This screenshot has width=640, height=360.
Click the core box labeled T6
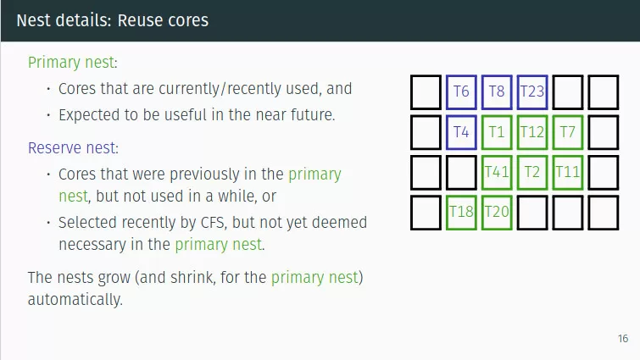pyautogui.click(x=461, y=91)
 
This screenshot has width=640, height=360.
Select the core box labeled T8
pyautogui.click(x=497, y=91)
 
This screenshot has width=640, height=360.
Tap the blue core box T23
pyautogui.click(x=532, y=91)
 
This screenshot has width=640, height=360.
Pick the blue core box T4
pyautogui.click(x=461, y=132)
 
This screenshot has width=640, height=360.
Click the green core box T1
pyautogui.click(x=497, y=132)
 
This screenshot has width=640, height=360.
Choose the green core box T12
pyautogui.click(x=532, y=132)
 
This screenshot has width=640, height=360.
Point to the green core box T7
pyautogui.click(x=568, y=132)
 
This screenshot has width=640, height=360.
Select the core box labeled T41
pyautogui.click(x=497, y=172)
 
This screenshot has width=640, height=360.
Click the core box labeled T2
pyautogui.click(x=532, y=172)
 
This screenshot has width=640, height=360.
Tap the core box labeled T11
pyautogui.click(x=568, y=172)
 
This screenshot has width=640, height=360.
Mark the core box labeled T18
pyautogui.click(x=461, y=212)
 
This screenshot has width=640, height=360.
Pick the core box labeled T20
pyautogui.click(x=497, y=212)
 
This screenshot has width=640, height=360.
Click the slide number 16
pyautogui.click(x=623, y=339)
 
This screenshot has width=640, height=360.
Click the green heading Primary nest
pyautogui.click(x=72, y=63)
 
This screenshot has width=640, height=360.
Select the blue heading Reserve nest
pyautogui.click(x=72, y=148)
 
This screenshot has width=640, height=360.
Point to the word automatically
pyautogui.click(x=75, y=300)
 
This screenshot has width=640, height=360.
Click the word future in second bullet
pyautogui.click(x=312, y=114)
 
